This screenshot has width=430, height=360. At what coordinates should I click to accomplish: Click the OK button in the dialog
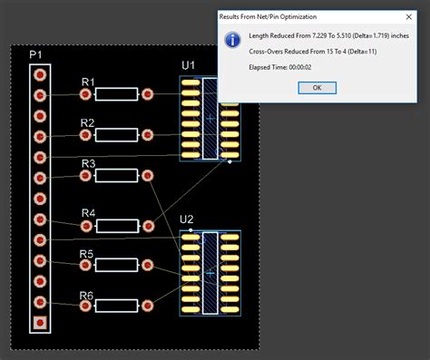click(317, 87)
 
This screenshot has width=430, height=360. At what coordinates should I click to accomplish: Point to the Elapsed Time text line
click(277, 69)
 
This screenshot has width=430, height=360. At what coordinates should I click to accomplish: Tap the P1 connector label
click(35, 55)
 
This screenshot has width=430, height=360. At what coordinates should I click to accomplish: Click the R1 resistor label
click(88, 83)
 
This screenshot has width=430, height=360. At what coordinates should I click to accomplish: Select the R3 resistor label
click(88, 164)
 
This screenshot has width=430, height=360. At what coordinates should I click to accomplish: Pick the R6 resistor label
click(87, 296)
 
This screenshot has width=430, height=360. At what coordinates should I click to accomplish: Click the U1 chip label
click(188, 65)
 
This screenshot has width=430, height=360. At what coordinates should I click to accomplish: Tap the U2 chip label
click(187, 219)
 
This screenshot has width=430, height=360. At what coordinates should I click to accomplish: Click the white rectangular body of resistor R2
click(116, 135)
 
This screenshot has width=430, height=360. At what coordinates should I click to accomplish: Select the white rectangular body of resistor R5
click(116, 265)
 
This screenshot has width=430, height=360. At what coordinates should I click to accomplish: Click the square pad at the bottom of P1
click(40, 322)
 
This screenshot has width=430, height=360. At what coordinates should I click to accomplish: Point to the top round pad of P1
click(40, 74)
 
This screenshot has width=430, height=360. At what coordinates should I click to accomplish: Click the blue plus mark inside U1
click(210, 118)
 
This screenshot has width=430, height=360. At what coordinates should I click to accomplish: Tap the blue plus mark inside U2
click(210, 272)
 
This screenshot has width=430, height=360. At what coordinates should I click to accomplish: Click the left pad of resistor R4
click(85, 224)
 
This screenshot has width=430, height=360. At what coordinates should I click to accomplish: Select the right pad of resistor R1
click(147, 93)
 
